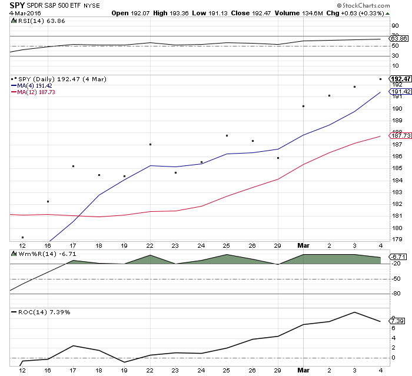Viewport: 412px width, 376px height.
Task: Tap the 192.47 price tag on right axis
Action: coord(400,79)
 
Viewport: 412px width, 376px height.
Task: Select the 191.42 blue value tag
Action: coord(400,92)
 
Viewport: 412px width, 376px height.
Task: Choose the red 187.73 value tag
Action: coord(400,137)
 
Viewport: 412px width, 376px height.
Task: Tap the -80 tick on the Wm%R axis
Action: coord(396,294)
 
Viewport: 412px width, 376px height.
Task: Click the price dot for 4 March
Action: coord(381,79)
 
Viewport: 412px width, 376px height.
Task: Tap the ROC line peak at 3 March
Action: coord(355,312)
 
